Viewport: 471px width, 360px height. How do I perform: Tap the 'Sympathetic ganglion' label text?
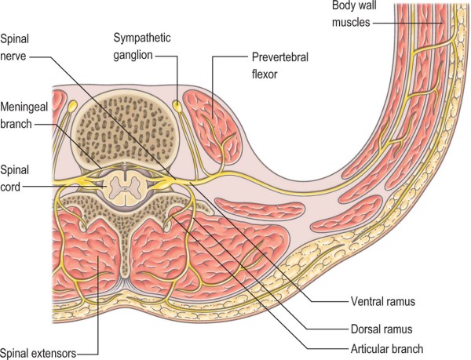[x=144, y=45]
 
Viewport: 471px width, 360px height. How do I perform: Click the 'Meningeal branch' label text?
[x=23, y=118]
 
